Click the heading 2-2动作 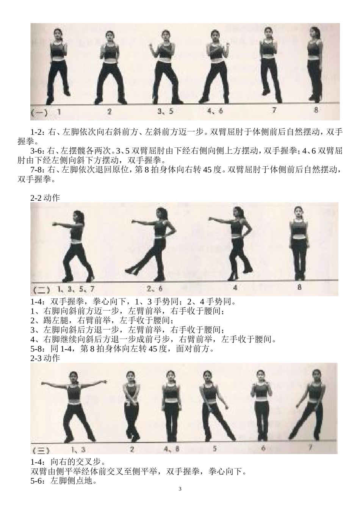pos(45,197)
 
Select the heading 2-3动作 pos(45,358)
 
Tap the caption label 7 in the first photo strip pos(274,110)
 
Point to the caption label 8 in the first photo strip pos(316,110)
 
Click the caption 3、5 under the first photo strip pos(165,111)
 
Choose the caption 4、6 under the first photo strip pos(215,111)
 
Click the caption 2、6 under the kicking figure pos(154,289)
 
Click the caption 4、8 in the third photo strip pos(171,449)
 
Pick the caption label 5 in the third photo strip pos(215,449)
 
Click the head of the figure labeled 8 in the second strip pos(298,213)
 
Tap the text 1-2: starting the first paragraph pos(38,132)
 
